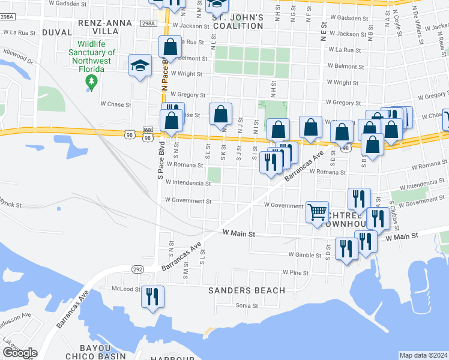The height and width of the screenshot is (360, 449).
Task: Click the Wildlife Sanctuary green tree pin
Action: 91,82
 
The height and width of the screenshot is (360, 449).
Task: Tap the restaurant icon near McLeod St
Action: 152,296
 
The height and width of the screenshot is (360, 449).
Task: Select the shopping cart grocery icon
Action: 317,211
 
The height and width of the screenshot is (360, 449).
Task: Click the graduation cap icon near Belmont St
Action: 140,65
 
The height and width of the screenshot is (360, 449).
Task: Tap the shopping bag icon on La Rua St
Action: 170,46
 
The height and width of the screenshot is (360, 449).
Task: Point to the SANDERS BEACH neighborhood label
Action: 247,290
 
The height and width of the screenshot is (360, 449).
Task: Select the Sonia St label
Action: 246,305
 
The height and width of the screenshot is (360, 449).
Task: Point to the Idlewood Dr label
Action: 18,56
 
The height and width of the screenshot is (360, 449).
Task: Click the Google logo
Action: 20,353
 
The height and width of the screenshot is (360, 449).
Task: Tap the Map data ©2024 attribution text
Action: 423,355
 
